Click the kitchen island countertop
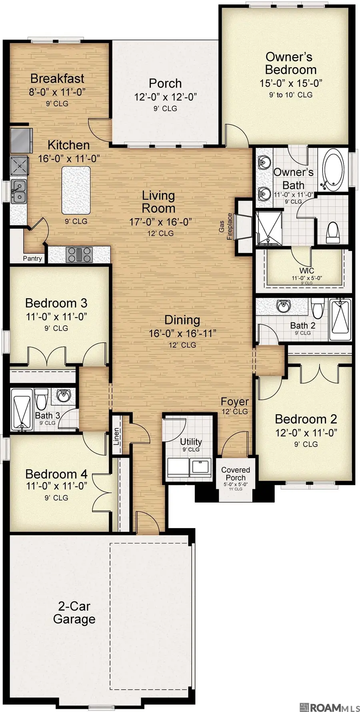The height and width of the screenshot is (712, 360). point(76,190)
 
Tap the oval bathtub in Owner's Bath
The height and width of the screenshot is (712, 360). point(334,170)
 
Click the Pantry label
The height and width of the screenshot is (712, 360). point(32,258)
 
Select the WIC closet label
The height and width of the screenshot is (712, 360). point(306,271)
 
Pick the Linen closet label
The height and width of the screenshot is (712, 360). point(116,436)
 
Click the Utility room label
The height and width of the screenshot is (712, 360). point(191,441)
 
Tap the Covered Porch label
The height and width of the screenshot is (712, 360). point(235,474)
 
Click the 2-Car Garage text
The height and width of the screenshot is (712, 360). point(74,612)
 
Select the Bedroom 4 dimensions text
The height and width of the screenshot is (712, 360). point(56,486)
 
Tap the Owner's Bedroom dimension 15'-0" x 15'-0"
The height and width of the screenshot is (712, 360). point(291,83)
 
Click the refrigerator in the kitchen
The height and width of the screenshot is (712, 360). point(20,140)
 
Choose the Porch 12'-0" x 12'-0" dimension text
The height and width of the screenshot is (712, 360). point(165,96)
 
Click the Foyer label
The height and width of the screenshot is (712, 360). point(235,401)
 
